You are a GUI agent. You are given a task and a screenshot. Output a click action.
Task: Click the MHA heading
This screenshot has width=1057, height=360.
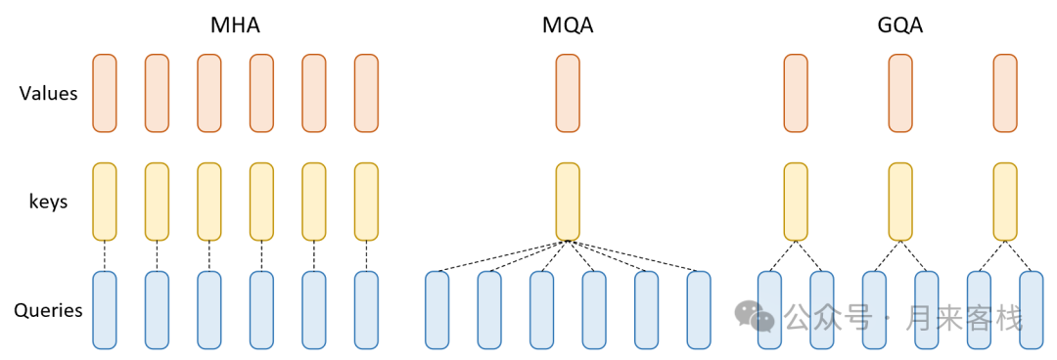[x=235, y=25]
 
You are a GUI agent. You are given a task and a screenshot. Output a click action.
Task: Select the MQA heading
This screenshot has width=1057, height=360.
[x=568, y=25]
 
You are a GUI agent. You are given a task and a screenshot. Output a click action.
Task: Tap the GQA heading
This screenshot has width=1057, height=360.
[x=900, y=25]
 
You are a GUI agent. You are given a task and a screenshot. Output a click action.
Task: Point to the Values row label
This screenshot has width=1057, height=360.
[x=49, y=94]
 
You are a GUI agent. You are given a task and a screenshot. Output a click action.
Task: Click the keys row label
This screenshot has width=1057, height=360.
[x=48, y=202]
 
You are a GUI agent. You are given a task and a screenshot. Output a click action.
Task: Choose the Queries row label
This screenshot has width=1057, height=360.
[x=48, y=311]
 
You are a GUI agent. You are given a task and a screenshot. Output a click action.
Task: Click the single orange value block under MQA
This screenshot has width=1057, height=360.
[x=568, y=93]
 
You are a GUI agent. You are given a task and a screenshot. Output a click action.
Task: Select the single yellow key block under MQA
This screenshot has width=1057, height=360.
[x=568, y=202]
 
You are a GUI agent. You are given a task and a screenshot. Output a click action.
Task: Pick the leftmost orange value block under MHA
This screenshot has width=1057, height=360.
[x=105, y=93]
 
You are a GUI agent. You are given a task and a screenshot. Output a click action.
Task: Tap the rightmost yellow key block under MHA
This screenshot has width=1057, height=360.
[x=366, y=202]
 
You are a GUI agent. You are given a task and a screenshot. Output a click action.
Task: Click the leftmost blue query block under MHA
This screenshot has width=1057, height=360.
[x=105, y=310]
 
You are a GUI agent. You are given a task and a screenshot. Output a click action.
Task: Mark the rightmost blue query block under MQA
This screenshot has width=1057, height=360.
[x=699, y=310]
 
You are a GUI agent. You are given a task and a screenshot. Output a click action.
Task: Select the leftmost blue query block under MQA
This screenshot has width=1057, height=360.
[x=437, y=310]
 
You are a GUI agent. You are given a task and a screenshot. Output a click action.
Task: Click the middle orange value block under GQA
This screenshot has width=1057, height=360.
[x=900, y=93]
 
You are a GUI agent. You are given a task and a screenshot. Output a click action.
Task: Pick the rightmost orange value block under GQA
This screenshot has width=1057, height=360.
[x=1005, y=93]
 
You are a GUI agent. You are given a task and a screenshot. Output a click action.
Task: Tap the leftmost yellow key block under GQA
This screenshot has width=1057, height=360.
[x=796, y=202]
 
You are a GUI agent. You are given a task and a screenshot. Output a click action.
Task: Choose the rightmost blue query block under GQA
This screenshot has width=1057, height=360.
[x=1032, y=310]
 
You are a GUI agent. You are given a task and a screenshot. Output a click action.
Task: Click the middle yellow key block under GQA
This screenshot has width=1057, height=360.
[x=900, y=202]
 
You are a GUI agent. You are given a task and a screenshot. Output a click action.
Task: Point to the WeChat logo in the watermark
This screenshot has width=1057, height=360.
[x=755, y=315]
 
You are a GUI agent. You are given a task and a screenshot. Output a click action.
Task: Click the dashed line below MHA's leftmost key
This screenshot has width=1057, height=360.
[x=105, y=256]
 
